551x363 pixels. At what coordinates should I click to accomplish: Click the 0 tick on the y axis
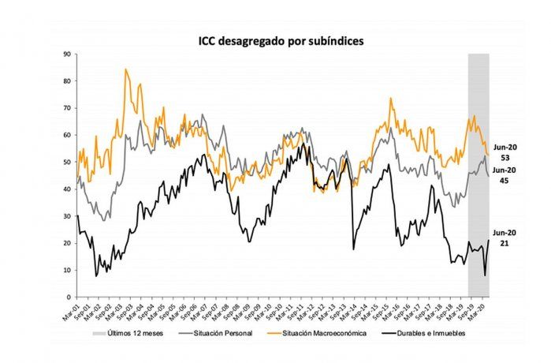click(70, 297)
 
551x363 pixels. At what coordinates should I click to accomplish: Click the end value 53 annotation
click(503, 158)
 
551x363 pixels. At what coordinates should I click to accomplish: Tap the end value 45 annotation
click(503, 181)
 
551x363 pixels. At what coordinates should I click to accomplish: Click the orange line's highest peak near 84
click(126, 70)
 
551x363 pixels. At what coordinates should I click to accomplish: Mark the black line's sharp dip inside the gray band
click(485, 275)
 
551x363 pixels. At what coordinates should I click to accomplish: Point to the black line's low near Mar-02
click(96, 275)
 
